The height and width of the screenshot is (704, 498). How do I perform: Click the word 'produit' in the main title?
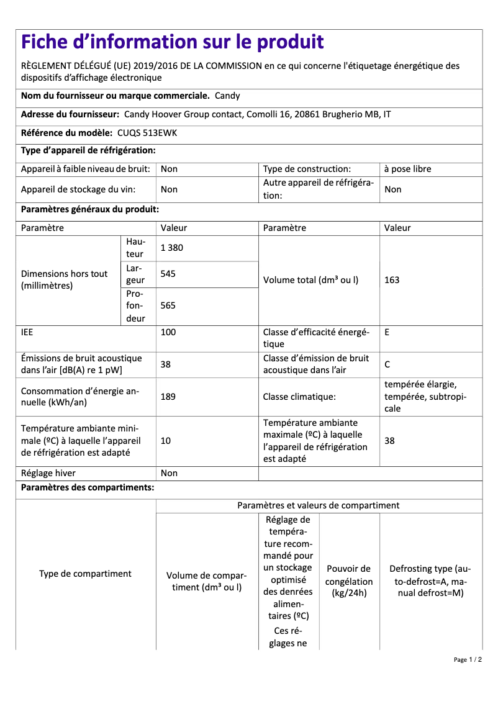click(x=289, y=42)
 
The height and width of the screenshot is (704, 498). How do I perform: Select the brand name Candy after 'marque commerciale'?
click(x=227, y=96)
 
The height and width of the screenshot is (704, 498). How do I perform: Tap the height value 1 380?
click(x=172, y=248)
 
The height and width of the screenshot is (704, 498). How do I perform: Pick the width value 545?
click(x=168, y=274)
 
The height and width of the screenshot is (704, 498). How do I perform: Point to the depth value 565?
click(x=168, y=305)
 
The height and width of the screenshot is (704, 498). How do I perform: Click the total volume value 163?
click(x=392, y=280)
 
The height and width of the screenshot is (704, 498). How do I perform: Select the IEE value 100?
click(x=168, y=332)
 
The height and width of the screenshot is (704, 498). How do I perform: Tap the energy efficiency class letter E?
click(x=387, y=332)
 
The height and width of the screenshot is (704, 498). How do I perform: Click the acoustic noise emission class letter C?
click(x=387, y=364)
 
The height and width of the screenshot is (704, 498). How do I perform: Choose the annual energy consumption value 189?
click(x=168, y=397)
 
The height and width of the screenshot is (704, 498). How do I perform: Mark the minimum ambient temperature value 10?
click(x=166, y=441)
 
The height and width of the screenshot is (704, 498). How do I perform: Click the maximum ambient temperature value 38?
click(x=389, y=441)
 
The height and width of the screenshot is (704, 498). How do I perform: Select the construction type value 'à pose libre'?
click(x=407, y=169)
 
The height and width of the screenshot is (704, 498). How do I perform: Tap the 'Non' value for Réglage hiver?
click(x=169, y=473)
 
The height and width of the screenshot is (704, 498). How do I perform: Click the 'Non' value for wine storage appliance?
click(x=169, y=189)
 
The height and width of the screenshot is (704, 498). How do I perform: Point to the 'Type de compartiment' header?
click(x=85, y=574)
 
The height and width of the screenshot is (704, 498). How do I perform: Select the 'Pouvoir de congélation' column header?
click(x=349, y=581)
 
